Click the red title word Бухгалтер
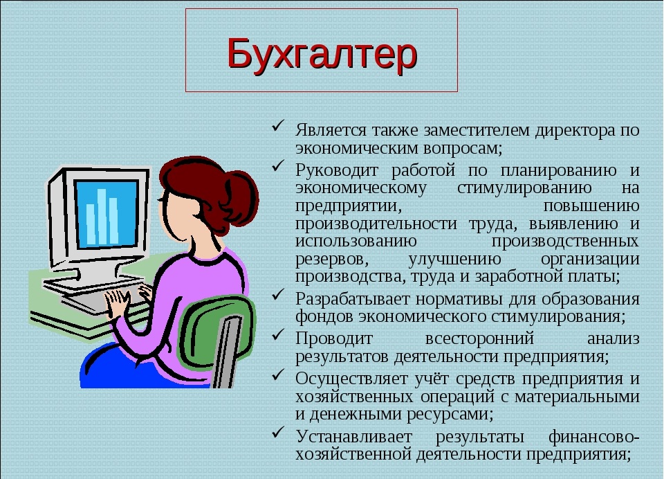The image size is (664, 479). coord(322,54)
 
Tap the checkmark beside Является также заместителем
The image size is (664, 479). coord(278,126)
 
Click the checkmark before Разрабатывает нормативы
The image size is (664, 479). coord(278,295)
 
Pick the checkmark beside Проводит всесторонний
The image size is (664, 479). coord(278,334)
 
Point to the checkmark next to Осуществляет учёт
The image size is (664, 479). coord(278,374)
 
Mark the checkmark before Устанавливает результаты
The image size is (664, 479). coord(278,432)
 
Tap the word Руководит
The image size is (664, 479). coord(337,170)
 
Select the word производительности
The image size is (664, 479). coord(376,224)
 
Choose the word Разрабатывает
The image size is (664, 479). coord(353,299)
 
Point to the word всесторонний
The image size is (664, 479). coord(479,338)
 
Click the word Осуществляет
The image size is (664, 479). coord(351,379)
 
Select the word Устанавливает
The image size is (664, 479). coord(353,436)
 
